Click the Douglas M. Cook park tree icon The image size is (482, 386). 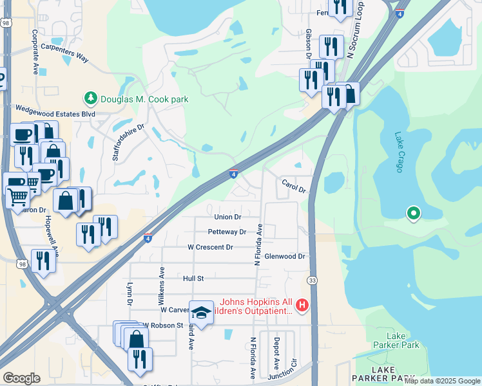click(90, 99)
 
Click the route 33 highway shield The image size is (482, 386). click(312, 280)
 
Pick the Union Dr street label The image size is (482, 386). click(227, 217)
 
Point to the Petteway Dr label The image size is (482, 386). click(227, 232)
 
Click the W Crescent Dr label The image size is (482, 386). click(210, 247)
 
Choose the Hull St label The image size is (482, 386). click(193, 279)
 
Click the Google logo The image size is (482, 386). click(21, 378)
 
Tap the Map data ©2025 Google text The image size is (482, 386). click(442, 381)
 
